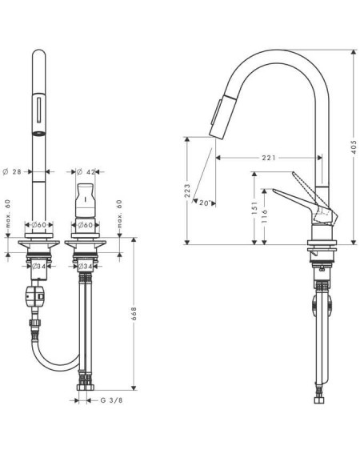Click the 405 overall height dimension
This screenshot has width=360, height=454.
(354, 147)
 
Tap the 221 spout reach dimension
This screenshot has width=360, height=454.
(269, 158)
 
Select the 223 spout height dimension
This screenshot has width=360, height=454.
(187, 191)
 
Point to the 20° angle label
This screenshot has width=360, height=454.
(204, 203)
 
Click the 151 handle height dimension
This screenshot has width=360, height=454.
(254, 208)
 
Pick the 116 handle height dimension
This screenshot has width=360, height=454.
(264, 216)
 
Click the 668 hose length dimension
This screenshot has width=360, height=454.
(134, 314)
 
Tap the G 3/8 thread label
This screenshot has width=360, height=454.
(111, 400)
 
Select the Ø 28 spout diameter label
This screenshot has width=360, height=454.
(12, 171)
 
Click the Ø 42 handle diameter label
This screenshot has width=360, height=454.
(86, 171)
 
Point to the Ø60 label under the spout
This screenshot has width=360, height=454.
(38, 225)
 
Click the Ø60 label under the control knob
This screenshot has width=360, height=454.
(85, 225)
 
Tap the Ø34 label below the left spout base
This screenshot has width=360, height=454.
(38, 266)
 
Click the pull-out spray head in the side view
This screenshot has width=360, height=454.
(223, 117)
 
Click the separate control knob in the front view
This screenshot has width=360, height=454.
(85, 200)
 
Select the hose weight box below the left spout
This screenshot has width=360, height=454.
(34, 296)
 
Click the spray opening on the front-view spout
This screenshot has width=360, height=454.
(38, 134)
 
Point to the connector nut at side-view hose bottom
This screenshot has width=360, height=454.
(319, 400)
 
